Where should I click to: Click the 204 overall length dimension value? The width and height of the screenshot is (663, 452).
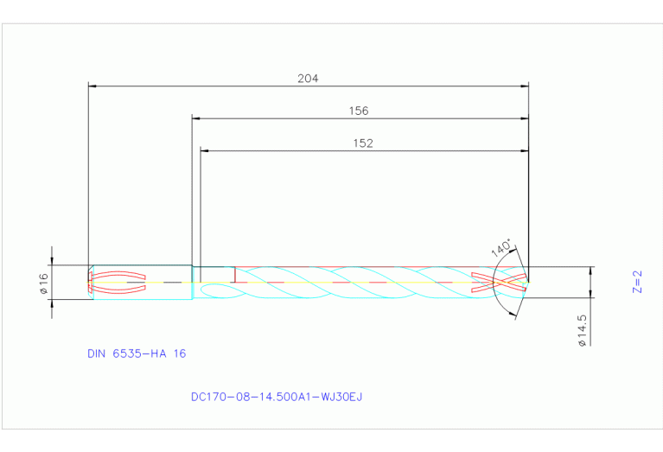pyautogui.click(x=308, y=78)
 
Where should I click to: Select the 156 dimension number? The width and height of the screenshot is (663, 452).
pyautogui.click(x=358, y=111)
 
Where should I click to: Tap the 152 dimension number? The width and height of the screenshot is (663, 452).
pyautogui.click(x=363, y=143)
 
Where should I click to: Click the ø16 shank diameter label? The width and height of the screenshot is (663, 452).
pyautogui.click(x=43, y=283)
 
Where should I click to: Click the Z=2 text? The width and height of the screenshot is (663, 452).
pyautogui.click(x=637, y=282)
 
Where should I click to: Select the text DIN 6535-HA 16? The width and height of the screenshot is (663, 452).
pyautogui.click(x=137, y=353)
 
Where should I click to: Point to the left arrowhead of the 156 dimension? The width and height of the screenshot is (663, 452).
pyautogui.click(x=196, y=118)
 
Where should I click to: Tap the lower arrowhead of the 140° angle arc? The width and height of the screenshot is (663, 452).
pyautogui.click(x=517, y=315)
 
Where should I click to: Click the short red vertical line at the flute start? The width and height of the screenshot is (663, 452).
pyautogui.click(x=235, y=274)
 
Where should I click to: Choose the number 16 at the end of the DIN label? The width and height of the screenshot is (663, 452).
pyautogui.click(x=180, y=353)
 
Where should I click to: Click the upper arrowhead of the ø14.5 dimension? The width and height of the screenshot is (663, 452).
pyautogui.click(x=591, y=271)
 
